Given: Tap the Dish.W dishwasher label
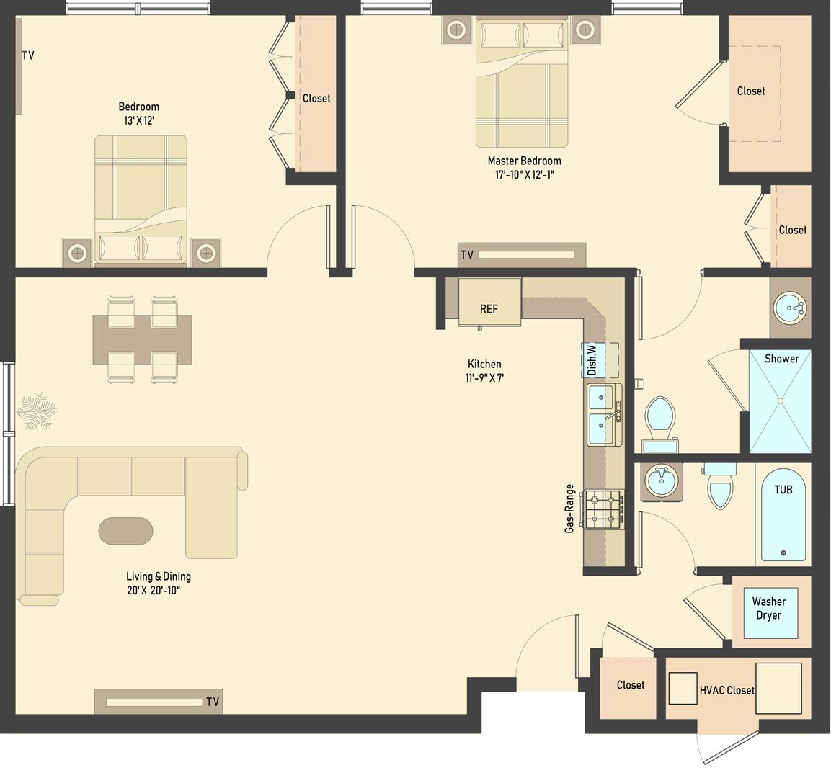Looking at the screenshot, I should [x=592, y=360].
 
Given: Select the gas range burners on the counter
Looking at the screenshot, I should [x=604, y=509].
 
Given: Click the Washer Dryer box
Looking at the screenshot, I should [x=769, y=609].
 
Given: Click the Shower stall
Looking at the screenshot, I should [x=781, y=401].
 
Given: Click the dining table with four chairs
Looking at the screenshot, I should [x=142, y=339].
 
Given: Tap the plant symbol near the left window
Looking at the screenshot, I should [x=35, y=413].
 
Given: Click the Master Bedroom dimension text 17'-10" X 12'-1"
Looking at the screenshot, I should [x=524, y=174].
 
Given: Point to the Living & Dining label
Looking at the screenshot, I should [x=159, y=576].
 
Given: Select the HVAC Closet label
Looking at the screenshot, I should [x=726, y=690].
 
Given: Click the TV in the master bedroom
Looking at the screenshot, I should [x=523, y=255].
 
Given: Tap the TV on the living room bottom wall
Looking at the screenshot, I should [x=158, y=702].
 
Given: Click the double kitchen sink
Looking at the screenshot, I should [x=604, y=416].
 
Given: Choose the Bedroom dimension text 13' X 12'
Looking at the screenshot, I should [x=139, y=120].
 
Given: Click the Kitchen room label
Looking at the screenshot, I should [x=484, y=364].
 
